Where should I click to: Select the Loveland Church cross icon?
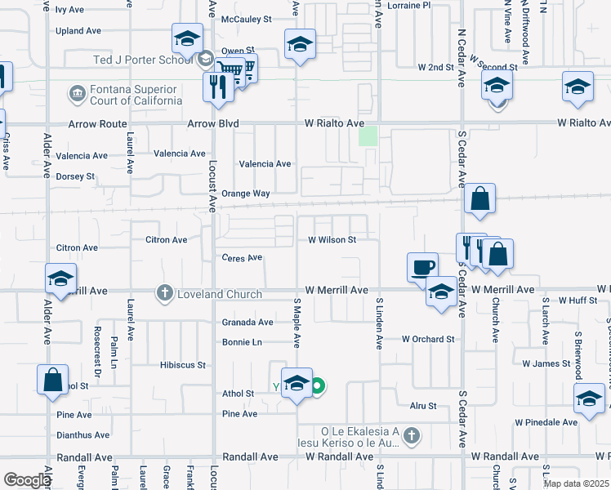click(164, 293)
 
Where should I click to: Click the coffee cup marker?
click(422, 267)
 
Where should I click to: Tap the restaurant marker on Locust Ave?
click(218, 87)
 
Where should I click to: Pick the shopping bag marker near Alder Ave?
click(52, 380)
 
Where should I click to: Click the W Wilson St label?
click(332, 240)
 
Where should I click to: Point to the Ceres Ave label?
click(242, 257)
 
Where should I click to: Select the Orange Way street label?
click(246, 194)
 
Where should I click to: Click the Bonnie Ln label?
click(242, 342)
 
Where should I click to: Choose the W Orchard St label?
click(427, 339)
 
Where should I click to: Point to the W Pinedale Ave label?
click(546, 422)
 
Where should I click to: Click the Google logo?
click(26, 480)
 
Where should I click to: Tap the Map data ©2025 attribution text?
click(576, 483)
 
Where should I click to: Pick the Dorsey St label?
click(75, 176)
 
